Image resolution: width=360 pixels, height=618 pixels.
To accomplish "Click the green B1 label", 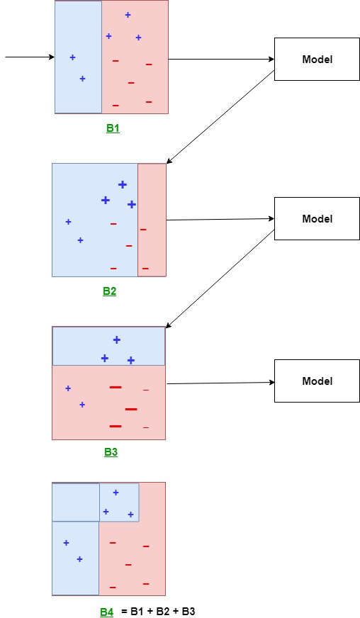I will coord(113,129).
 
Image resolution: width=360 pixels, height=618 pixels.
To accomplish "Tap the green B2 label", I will coord(109,291).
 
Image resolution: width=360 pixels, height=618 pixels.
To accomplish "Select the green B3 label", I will coord(111,452).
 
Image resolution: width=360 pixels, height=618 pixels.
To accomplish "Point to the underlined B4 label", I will coord(106,612).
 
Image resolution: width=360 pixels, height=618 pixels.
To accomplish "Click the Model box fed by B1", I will coord(317,60).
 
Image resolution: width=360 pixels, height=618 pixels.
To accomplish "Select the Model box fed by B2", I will coord(317,219).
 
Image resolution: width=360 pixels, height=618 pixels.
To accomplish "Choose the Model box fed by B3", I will coord(317,381).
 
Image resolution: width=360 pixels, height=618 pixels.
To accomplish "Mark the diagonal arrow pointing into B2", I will coord(220,117).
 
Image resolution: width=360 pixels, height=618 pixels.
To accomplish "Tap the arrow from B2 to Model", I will coord(220,220).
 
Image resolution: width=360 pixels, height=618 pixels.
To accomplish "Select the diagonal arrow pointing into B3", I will coord(220,279).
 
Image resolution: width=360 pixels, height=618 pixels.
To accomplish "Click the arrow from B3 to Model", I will coord(220,383).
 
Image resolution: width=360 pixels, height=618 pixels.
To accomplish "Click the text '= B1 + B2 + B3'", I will coord(153,612).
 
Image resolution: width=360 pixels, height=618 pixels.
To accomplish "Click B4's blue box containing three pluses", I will coord(119,502).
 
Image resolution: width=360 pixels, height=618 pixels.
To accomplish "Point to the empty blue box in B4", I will coord(76,502).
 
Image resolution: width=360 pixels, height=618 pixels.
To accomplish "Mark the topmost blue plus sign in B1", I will coord(128,15).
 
